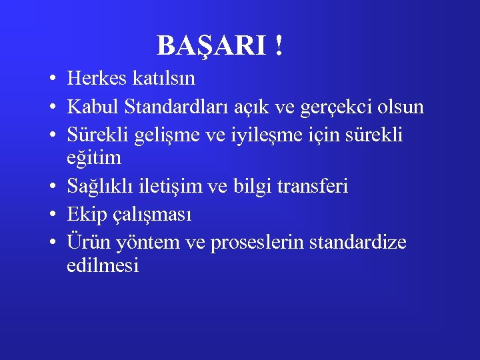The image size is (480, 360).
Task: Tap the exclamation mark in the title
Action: pyautogui.click(x=277, y=46)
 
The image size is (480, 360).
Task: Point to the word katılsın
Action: pyautogui.click(x=163, y=79)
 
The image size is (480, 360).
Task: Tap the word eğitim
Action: pyautogui.click(x=94, y=159)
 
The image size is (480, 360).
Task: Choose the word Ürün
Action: pyautogui.click(x=90, y=242)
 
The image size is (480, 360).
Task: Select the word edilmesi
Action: pyautogui.click(x=103, y=266)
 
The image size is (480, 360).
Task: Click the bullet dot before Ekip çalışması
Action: pyautogui.click(x=51, y=215)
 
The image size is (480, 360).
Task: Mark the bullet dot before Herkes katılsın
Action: pyautogui.click(x=51, y=79)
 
